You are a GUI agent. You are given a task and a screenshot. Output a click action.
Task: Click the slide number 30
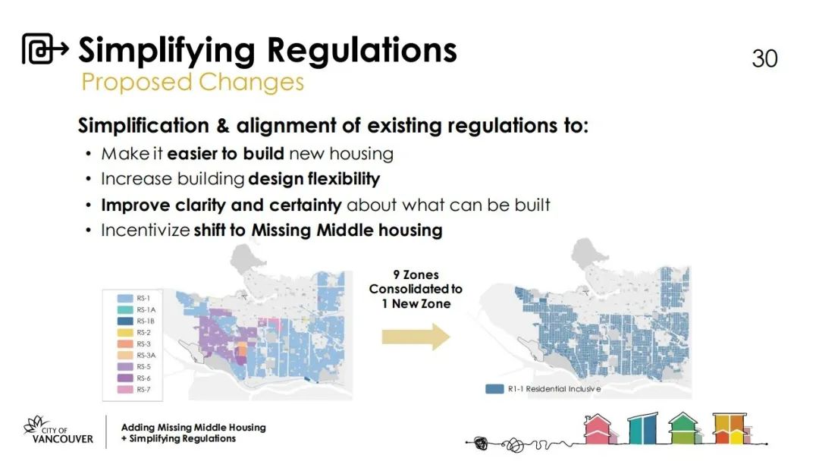(x=764, y=58)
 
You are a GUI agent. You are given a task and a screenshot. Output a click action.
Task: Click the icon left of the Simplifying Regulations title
(x=45, y=49)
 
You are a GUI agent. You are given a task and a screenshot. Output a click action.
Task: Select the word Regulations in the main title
(x=362, y=51)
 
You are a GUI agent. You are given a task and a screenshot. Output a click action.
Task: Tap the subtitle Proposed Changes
(x=192, y=82)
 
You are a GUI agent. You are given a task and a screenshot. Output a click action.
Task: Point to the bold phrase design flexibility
(x=314, y=179)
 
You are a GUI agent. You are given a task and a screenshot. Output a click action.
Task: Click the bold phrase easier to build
(x=225, y=153)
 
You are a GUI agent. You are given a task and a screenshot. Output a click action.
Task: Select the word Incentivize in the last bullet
(x=145, y=230)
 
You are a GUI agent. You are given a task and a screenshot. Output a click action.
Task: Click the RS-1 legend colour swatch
(x=125, y=298)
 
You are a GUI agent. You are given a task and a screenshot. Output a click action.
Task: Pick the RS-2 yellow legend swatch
(x=125, y=333)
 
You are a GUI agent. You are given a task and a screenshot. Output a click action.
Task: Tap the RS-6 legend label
(x=143, y=378)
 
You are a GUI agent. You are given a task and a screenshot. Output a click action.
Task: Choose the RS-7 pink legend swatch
(x=125, y=390)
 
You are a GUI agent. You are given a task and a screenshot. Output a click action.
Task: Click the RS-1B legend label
(x=145, y=321)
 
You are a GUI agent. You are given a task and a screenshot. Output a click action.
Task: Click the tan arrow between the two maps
(x=416, y=337)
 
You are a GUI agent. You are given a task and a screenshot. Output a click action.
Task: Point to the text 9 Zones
(x=416, y=274)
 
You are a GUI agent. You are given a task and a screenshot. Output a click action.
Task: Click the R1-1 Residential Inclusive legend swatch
(x=494, y=389)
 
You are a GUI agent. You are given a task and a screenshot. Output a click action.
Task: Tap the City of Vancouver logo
(x=58, y=431)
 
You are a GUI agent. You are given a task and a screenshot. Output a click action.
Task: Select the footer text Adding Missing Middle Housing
(x=193, y=427)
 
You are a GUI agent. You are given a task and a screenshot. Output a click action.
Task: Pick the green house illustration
(x=683, y=428)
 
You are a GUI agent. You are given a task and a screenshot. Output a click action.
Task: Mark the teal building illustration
(x=643, y=428)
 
